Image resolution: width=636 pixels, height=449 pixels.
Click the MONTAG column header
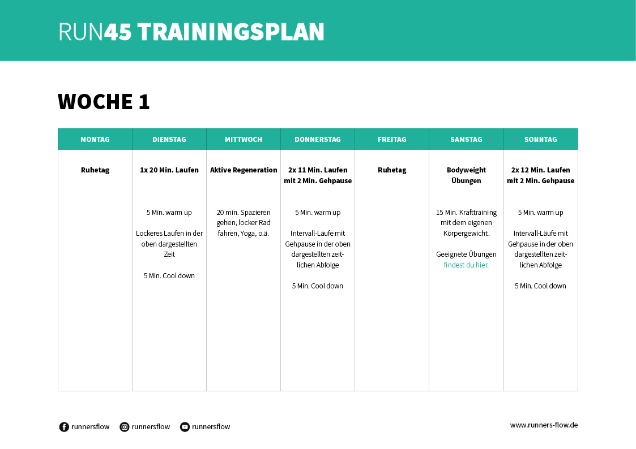95,139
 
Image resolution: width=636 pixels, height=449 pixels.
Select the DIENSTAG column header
169,139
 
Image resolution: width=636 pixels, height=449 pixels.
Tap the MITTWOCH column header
244,139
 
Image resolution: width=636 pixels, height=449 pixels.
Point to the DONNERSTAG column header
318,139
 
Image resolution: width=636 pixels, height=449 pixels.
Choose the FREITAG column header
392,139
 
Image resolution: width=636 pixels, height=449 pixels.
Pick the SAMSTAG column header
466,139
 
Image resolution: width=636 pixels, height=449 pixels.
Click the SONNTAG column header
541,139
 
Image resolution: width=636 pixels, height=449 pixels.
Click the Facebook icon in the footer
64,427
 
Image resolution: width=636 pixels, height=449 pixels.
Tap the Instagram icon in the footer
125,427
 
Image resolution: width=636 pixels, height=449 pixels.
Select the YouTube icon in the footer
185,427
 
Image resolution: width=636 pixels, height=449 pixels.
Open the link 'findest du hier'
465,265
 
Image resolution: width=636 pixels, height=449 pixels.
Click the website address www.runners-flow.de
544,425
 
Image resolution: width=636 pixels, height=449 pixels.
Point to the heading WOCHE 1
104,101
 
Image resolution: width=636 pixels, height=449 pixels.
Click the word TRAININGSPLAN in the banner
231,32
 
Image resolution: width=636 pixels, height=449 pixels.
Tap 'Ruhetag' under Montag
95,170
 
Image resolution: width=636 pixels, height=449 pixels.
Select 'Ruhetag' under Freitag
392,170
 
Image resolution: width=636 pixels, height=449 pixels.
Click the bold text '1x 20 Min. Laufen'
169,170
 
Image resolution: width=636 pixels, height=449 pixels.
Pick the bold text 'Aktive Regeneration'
244,170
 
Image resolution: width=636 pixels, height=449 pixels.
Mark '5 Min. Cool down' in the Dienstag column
169,276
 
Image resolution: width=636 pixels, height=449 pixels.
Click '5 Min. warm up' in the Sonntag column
541,213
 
